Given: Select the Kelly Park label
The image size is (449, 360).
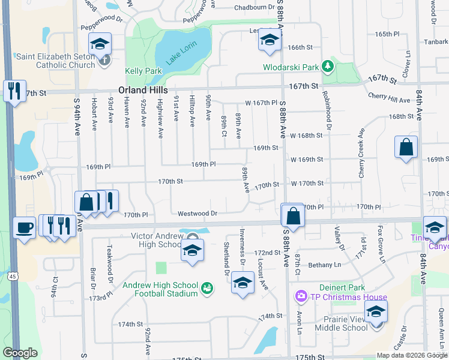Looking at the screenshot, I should pyautogui.click(x=143, y=71).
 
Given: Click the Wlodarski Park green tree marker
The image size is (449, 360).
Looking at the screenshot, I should pyautogui.click(x=328, y=65).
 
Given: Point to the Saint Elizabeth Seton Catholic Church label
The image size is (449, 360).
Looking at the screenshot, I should pyautogui.click(x=56, y=61).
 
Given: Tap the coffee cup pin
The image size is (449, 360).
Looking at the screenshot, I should pyautogui.click(x=25, y=227).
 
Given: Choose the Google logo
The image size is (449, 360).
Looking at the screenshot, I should pyautogui.click(x=20, y=353).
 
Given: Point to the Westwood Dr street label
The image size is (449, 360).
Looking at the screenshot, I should pyautogui.click(x=197, y=213).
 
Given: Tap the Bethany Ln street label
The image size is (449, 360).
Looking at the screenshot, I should pyautogui.click(x=324, y=265).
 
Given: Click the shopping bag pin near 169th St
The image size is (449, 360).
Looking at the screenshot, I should pyautogui.click(x=406, y=147).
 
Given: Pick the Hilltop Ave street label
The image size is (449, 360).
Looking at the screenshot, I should pyautogui.click(x=192, y=110).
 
